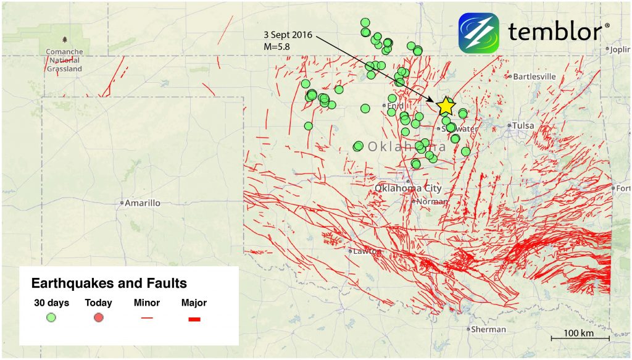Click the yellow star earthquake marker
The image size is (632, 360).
pos(446,106)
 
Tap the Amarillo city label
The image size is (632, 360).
pos(142,203)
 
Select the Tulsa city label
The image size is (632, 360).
pos(522,125)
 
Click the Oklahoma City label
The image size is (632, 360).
pos(408,188)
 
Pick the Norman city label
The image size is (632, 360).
pos(432,201)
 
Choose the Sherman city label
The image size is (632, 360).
pos(487,329)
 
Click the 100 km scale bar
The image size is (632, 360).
pos(580,338)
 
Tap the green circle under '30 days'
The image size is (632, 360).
pos(52,318)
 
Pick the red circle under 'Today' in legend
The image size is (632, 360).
pos(98,318)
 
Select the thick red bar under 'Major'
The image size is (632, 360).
pos(194,319)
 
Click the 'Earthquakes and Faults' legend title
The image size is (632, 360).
pos(109,283)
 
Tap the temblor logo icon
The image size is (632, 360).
pos(479,33)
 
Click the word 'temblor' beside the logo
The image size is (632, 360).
pos(555,32)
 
